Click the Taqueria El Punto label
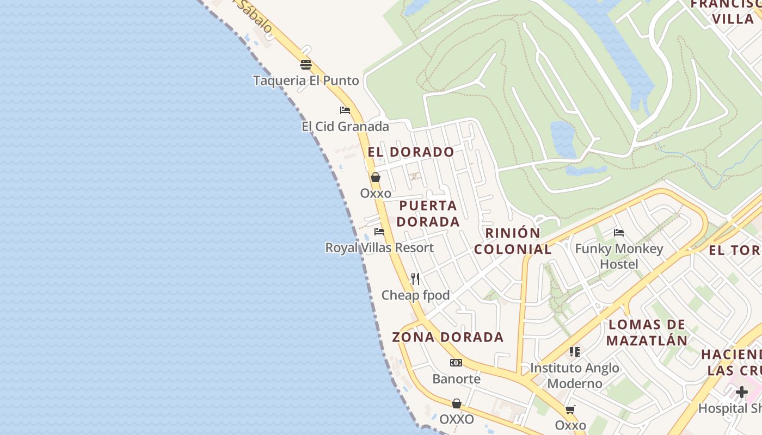click(306, 81)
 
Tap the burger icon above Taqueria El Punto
click(306, 65)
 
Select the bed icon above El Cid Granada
click(345, 110)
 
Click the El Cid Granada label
click(345, 127)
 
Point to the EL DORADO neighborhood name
click(411, 152)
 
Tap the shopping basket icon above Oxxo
click(375, 177)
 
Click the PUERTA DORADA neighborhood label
click(428, 214)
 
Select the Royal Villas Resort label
click(379, 248)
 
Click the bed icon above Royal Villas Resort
click(379, 232)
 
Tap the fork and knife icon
click(415, 279)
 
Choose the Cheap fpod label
click(415, 295)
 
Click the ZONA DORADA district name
click(448, 337)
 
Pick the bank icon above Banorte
click(456, 363)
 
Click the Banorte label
click(456, 378)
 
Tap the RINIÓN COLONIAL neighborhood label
click(513, 241)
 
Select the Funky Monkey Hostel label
click(619, 257)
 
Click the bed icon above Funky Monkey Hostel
click(619, 233)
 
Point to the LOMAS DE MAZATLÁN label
click(647, 333)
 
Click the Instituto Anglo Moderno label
click(575, 376)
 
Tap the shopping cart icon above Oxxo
click(570, 409)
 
